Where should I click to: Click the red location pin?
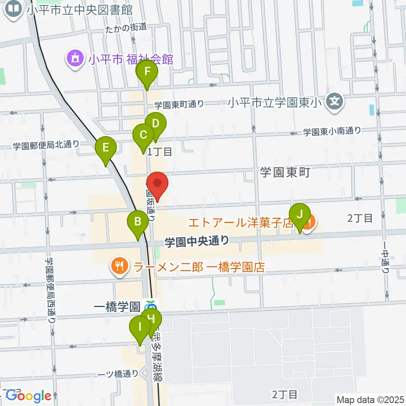click(157, 185)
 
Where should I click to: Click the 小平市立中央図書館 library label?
click(79, 9)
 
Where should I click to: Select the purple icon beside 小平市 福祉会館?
click(75, 58)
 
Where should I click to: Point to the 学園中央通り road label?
click(197, 241)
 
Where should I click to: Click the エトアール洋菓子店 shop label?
click(241, 222)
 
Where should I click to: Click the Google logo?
click(28, 396)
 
